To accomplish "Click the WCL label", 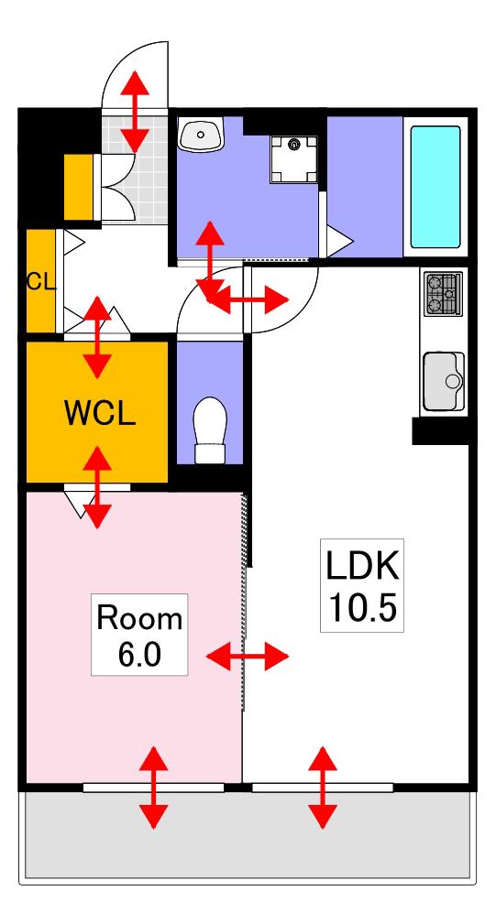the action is point(100,414).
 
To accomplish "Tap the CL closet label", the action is point(40,282).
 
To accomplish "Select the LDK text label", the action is point(362,567).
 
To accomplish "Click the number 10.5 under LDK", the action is point(362,607).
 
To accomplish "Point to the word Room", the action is point(139,619).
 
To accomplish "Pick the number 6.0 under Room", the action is point(139,655).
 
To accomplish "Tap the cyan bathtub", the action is point(435,187).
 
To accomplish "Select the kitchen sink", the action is point(444,381).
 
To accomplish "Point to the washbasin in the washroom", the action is point(201,134).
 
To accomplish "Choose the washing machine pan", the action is point(293,159).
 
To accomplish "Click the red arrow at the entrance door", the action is point(135,112).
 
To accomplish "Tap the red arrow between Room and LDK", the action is point(248,656).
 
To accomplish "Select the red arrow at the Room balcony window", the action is point(153,788).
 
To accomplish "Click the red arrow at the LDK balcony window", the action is point(323,788).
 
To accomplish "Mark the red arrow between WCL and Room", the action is point(97,487).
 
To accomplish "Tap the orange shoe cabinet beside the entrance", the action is point(79,186).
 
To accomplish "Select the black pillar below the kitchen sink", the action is point(440,430).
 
